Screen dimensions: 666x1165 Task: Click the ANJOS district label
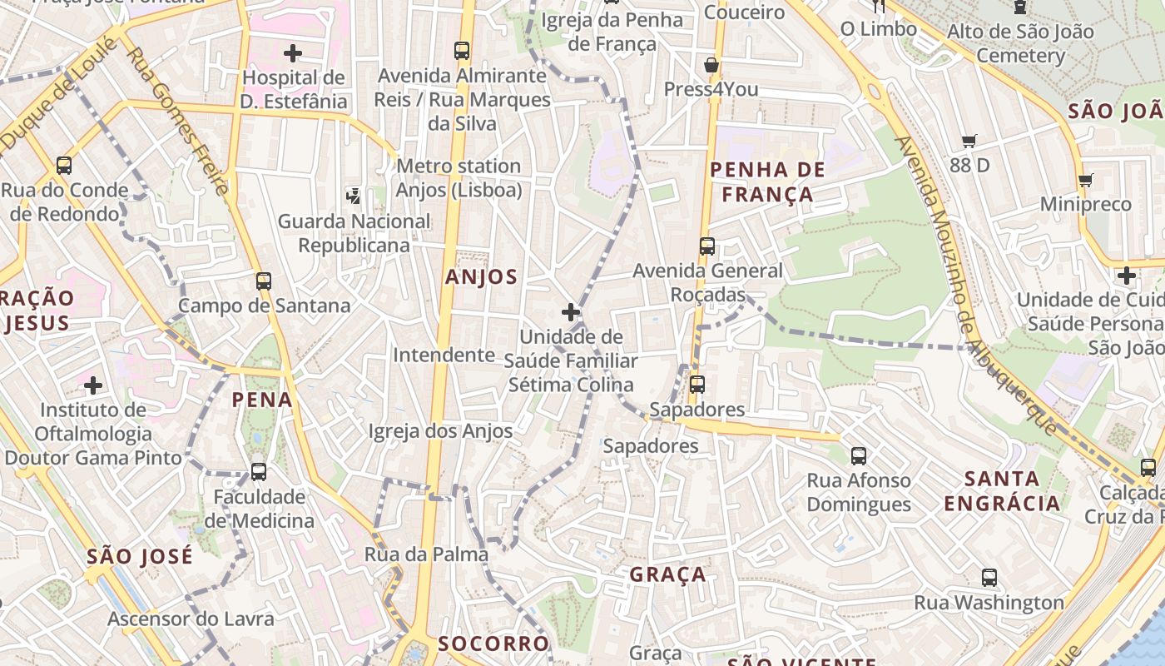[481, 277]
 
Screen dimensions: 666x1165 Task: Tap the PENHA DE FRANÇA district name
[766, 182]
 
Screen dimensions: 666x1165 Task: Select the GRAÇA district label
[667, 574]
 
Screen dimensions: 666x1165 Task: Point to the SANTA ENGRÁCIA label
[1002, 490]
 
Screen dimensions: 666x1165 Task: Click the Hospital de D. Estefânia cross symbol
[293, 54]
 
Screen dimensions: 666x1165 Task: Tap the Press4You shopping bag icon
[711, 65]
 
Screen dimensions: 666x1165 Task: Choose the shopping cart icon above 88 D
[969, 141]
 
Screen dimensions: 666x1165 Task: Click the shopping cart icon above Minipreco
[1085, 180]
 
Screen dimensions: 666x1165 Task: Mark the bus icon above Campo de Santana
[264, 281]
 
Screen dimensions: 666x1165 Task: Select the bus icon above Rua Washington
[989, 577]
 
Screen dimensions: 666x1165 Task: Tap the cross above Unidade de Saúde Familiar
[571, 313]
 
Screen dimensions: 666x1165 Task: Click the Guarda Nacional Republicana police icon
[354, 196]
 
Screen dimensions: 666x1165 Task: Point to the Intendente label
[444, 355]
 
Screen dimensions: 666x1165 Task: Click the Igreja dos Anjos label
[441, 431]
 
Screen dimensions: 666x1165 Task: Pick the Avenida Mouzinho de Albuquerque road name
[974, 283]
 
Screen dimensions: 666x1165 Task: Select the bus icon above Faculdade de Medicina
[259, 472]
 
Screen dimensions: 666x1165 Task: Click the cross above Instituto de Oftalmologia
[93, 385]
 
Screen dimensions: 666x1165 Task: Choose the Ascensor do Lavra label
[191, 619]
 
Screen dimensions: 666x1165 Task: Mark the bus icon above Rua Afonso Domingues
[859, 456]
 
